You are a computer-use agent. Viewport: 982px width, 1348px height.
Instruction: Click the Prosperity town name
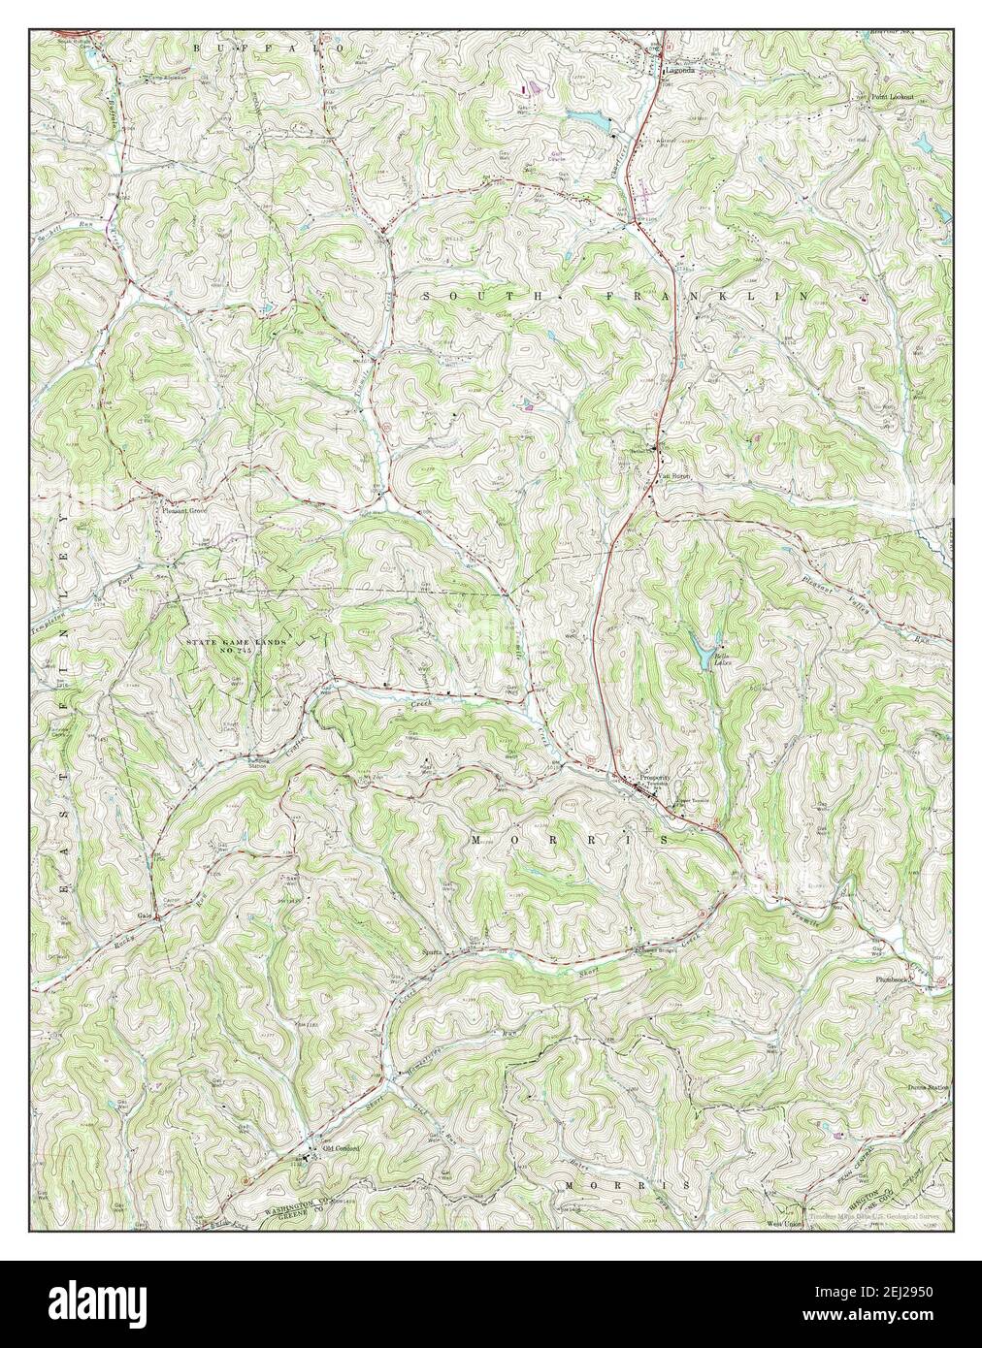pyautogui.click(x=657, y=779)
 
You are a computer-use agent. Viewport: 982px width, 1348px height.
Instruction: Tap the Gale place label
pyautogui.click(x=146, y=915)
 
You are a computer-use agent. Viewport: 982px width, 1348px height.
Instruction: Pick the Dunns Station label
pyautogui.click(x=928, y=1088)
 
